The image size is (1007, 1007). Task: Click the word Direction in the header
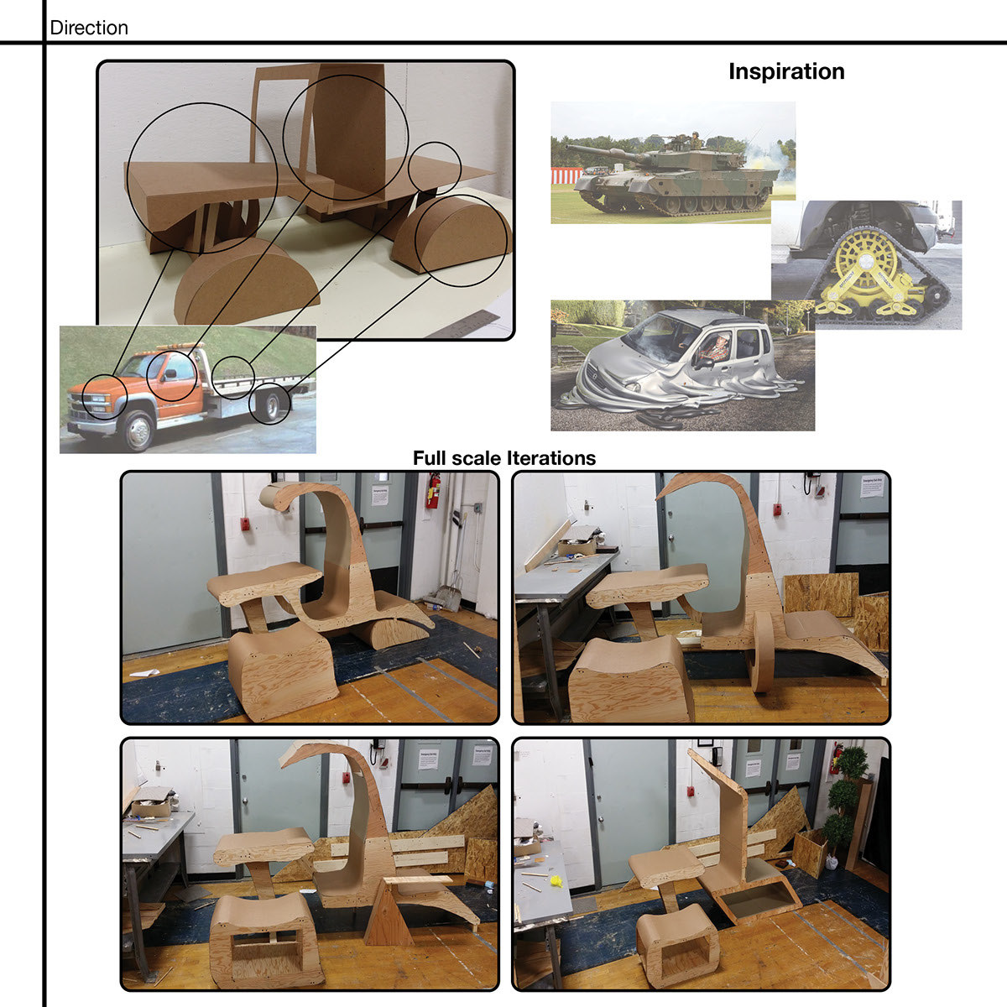(89, 28)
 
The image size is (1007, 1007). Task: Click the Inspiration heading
(786, 71)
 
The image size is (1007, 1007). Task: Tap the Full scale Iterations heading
(504, 458)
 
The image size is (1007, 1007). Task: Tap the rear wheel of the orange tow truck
(271, 406)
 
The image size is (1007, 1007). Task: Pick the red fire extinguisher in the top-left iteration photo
(433, 491)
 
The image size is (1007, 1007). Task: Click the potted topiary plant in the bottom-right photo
(841, 806)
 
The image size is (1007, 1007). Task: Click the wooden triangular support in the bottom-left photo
(391, 915)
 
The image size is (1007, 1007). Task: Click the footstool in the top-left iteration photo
(280, 671)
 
